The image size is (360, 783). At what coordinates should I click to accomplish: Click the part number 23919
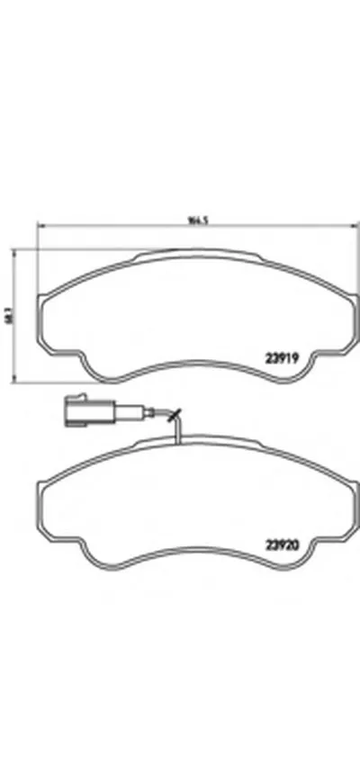coord(281,356)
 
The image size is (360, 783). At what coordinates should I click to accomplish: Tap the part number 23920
coord(281,543)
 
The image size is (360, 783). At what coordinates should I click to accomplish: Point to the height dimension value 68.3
coord(10,316)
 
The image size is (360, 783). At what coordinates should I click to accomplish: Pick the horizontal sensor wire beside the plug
coord(135,415)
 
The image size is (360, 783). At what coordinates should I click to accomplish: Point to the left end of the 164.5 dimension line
coord(36,227)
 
